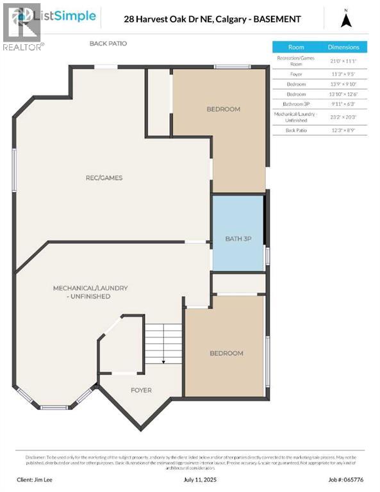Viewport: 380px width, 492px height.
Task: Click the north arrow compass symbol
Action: pyautogui.click(x=346, y=19)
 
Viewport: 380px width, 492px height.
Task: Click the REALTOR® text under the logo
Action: pyautogui.click(x=23, y=47)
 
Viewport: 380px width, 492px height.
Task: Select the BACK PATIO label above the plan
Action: pyautogui.click(x=108, y=44)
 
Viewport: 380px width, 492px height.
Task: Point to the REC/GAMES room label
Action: pyautogui.click(x=104, y=177)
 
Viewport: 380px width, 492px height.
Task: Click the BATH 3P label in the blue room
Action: pyautogui.click(x=237, y=238)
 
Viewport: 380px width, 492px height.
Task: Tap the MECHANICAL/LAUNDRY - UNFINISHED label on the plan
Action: pyautogui.click(x=90, y=292)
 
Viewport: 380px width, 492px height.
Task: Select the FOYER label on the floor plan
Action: pyautogui.click(x=141, y=389)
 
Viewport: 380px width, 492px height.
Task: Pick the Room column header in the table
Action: pyautogui.click(x=296, y=47)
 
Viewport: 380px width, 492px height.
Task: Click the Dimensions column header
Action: pyautogui.click(x=343, y=47)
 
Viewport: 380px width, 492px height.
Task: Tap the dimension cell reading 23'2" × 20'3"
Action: pyautogui.click(x=343, y=117)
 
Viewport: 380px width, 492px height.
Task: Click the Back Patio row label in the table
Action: pyautogui.click(x=296, y=130)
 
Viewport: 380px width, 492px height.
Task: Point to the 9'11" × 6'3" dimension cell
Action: pyautogui.click(x=343, y=103)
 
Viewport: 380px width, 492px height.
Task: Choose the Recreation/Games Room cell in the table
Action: pyautogui.click(x=296, y=61)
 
